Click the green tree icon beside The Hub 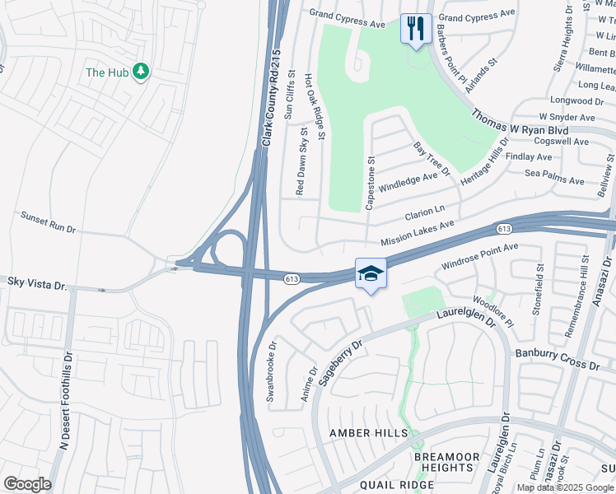coord(141,72)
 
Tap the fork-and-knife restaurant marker coord(414,29)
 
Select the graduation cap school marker coord(371,273)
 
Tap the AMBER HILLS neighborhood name coord(368,433)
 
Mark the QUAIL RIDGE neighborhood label coord(396,485)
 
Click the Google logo coord(27,484)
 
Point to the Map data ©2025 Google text coord(565,487)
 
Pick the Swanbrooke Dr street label coord(270,370)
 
